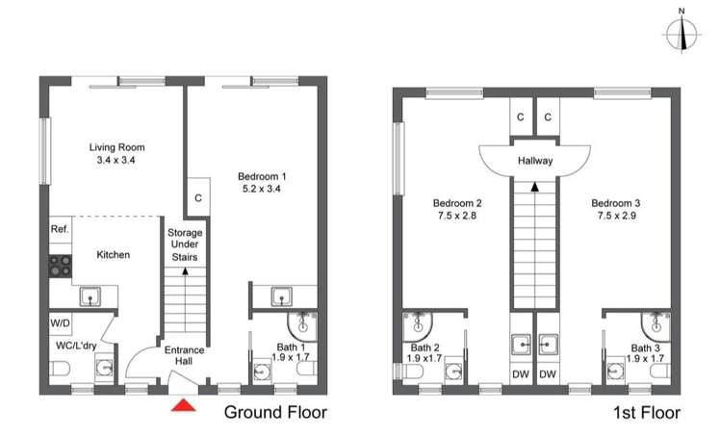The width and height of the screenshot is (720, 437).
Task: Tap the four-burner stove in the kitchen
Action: pyautogui.click(x=60, y=265)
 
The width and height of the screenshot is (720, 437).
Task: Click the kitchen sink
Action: pyautogui.click(x=91, y=296)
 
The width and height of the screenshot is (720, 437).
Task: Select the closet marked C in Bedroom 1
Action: pyautogui.click(x=197, y=197)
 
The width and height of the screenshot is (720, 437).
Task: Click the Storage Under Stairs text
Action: pyautogui.click(x=184, y=245)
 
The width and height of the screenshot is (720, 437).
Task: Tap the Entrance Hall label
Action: pyautogui.click(x=184, y=355)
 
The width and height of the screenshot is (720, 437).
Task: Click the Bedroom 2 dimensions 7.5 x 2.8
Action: pyautogui.click(x=456, y=217)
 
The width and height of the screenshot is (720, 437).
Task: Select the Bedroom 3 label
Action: pyautogui.click(x=617, y=203)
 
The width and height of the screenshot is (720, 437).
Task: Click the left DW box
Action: pyautogui.click(x=520, y=373)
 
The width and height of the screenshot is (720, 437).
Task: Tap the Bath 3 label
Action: pyautogui.click(x=646, y=348)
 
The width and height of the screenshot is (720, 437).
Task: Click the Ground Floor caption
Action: pyautogui.click(x=275, y=413)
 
